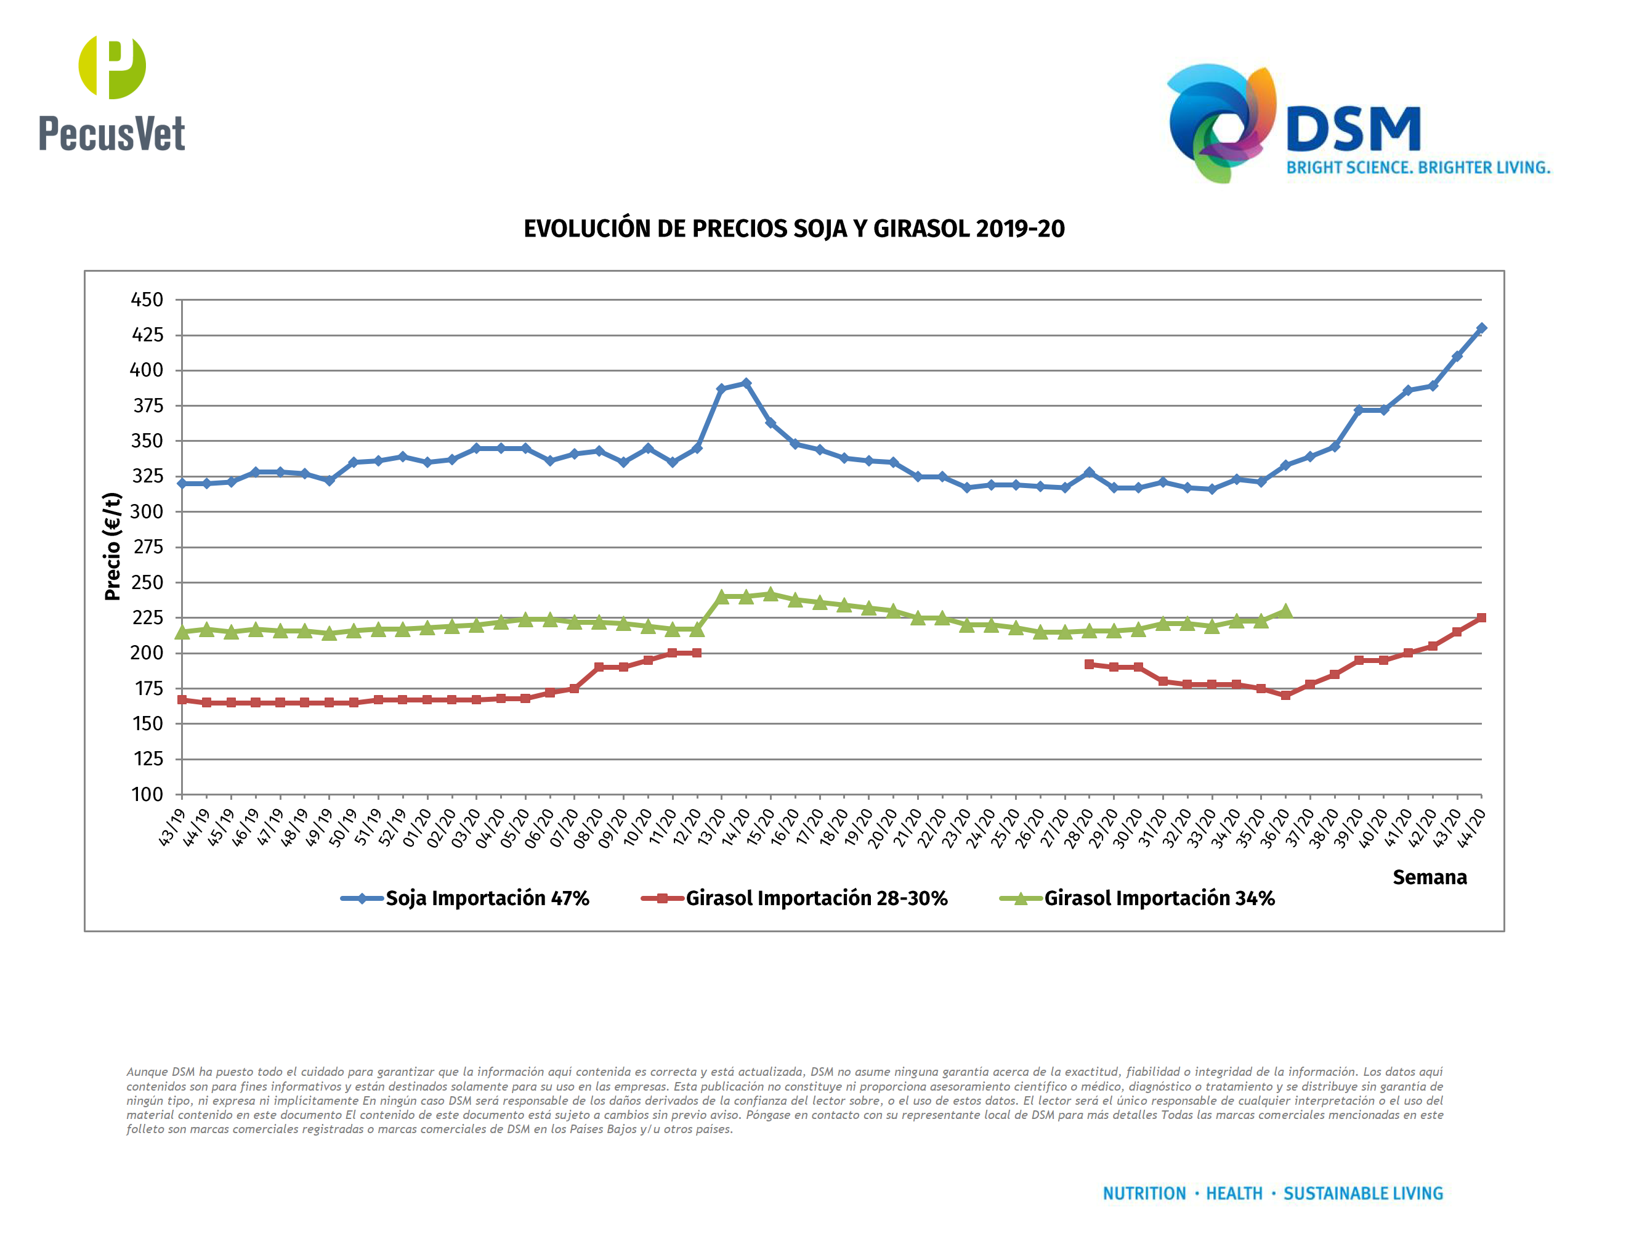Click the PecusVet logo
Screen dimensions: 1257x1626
[111, 93]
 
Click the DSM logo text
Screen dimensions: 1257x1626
[1353, 129]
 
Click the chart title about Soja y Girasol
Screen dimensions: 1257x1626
[794, 229]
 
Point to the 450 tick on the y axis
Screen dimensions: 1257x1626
[147, 300]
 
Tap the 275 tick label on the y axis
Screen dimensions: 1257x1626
[147, 547]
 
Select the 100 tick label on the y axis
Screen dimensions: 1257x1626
[147, 795]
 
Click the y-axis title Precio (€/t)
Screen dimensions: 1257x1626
[113, 546]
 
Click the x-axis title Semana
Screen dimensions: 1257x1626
[1429, 877]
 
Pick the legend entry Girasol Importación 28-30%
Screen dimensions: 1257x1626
[816, 898]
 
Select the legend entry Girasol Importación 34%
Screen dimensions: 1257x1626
[1159, 898]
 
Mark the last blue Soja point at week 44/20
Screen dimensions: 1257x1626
[1481, 328]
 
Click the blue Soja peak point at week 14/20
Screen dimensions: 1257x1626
[746, 383]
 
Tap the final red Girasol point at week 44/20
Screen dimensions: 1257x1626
[1481, 617]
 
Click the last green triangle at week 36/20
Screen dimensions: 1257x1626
[1285, 611]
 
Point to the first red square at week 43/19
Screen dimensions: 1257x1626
[182, 699]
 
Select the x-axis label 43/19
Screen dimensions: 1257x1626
[172, 828]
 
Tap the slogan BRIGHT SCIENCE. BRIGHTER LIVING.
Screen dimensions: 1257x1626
[1418, 168]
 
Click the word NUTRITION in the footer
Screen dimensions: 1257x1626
[1144, 1194]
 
